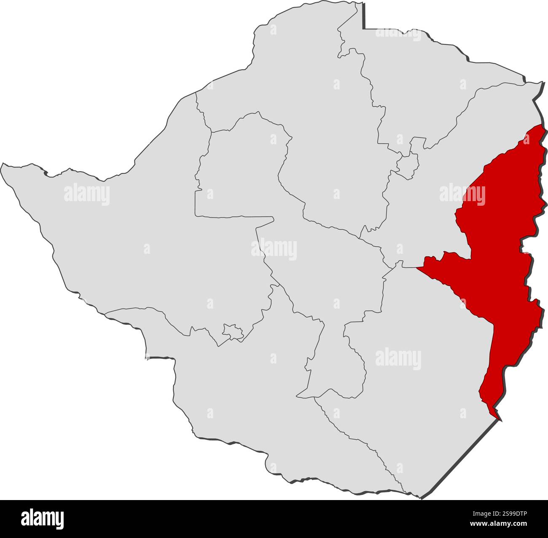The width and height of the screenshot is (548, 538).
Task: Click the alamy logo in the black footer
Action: [43, 519]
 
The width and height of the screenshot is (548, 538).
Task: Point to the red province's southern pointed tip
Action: [500, 420]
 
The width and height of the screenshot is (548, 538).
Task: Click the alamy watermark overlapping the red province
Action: [462, 194]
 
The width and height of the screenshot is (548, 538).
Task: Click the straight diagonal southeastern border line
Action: [459, 460]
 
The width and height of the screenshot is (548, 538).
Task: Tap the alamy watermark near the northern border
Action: [398, 33]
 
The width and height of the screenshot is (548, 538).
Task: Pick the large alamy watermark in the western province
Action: [87, 194]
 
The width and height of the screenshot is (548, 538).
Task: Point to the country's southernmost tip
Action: [420, 498]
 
